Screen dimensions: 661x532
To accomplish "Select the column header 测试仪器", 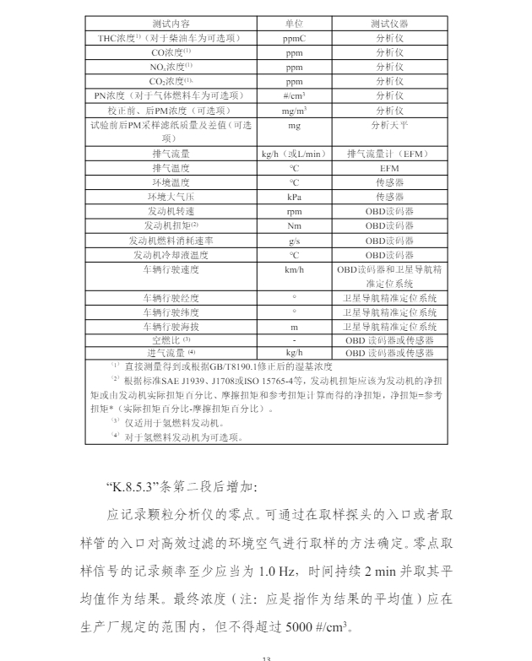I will click(x=389, y=24).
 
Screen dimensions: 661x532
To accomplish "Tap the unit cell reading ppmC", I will click(x=294, y=39).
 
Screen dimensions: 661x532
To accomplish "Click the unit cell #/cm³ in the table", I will click(x=294, y=96).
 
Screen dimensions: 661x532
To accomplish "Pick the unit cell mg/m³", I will click(x=294, y=111).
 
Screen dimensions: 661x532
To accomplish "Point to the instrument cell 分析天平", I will click(x=389, y=125).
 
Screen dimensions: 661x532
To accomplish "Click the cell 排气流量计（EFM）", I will click(x=389, y=154).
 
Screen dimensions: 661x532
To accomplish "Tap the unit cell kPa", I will click(x=294, y=197).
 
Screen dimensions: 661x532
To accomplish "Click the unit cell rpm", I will click(x=294, y=211).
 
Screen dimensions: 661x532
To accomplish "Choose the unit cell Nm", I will click(x=294, y=225).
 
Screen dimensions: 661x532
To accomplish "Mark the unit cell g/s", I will click(x=294, y=241).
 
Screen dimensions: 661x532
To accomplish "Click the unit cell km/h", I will click(x=294, y=269).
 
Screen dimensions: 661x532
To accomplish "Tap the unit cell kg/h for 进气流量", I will click(x=294, y=353).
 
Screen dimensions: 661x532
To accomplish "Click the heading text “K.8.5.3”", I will click(x=136, y=487).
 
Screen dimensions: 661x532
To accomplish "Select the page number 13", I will click(x=264, y=654).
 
